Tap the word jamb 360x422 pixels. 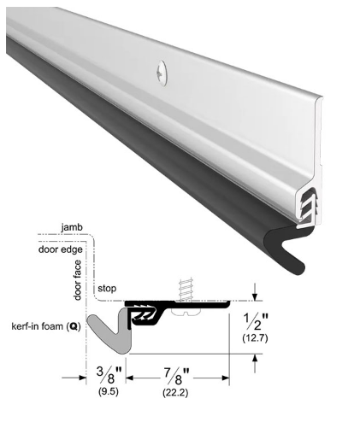[72, 227]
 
